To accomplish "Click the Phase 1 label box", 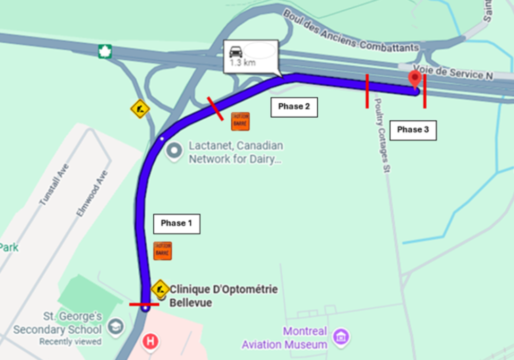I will pyautogui.click(x=176, y=224).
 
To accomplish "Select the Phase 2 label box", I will pyautogui.click(x=294, y=107).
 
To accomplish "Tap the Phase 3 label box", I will pyautogui.click(x=413, y=130).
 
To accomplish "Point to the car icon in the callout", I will pyautogui.click(x=236, y=51).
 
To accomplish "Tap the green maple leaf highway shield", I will pyautogui.click(x=105, y=51).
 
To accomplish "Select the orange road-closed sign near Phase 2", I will pyautogui.click(x=240, y=121).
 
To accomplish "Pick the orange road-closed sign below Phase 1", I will pyautogui.click(x=162, y=250).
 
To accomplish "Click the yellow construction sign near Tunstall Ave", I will pyautogui.click(x=140, y=109).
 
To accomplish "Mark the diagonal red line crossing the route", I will pyautogui.click(x=215, y=109).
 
